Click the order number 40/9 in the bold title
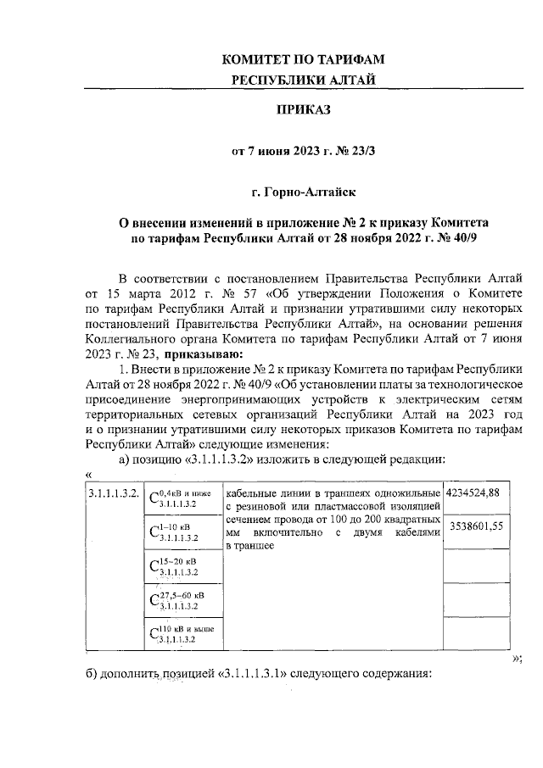[x=463, y=239]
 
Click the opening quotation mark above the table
[x=89, y=474]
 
